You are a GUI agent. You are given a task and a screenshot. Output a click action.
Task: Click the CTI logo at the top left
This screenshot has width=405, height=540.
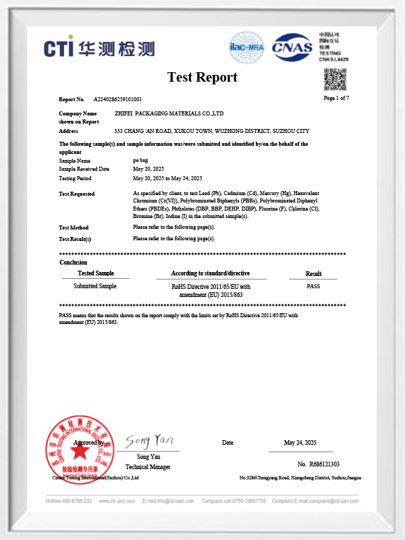[x=99, y=48]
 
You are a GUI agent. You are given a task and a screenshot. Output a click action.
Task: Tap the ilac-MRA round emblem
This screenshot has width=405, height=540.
[x=246, y=47]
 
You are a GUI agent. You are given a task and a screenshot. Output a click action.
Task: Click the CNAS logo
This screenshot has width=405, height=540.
[x=292, y=47]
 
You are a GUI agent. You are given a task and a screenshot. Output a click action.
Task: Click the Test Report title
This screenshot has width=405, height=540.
[x=202, y=77]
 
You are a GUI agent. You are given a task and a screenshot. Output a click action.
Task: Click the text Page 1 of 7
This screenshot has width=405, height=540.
[x=336, y=99]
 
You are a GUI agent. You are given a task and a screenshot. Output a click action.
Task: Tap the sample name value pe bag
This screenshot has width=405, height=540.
[x=142, y=161]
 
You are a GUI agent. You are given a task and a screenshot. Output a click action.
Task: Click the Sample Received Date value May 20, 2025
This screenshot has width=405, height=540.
[x=148, y=169]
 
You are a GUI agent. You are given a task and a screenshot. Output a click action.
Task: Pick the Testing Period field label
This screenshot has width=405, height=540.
[x=75, y=178]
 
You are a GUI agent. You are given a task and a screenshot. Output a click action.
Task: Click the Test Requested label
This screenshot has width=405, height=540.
[x=77, y=194]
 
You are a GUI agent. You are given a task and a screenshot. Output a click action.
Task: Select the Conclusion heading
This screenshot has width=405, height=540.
[x=73, y=262]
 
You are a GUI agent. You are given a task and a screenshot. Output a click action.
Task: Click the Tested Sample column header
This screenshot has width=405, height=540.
[x=95, y=273]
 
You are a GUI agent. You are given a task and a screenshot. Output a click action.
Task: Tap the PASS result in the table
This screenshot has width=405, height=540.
[x=313, y=286]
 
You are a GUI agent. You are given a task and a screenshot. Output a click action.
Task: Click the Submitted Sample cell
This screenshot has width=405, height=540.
[x=94, y=286]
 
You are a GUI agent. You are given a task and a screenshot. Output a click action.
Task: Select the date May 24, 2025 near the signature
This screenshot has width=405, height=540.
[x=300, y=442]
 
